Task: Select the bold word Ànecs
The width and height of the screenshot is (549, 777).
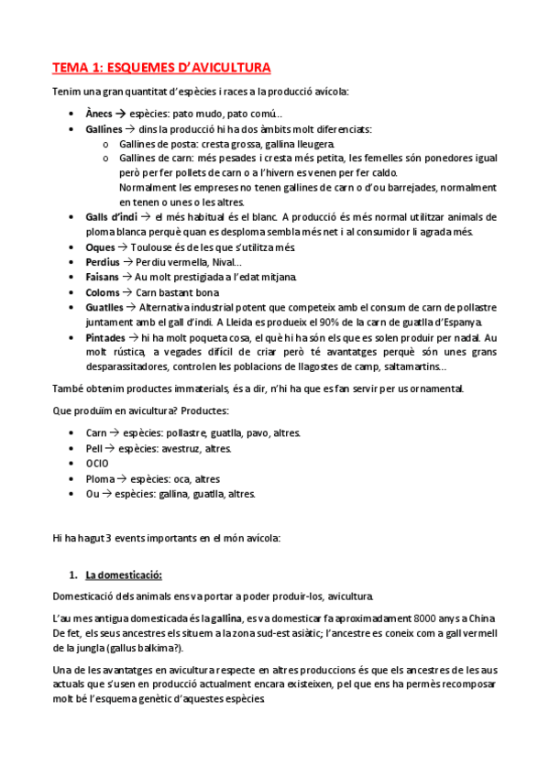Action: pyautogui.click(x=99, y=114)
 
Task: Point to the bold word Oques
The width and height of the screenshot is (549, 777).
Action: pyautogui.click(x=100, y=247)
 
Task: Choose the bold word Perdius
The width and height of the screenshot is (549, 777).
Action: pyautogui.click(x=103, y=262)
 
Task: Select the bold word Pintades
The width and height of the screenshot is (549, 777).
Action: pyautogui.click(x=106, y=337)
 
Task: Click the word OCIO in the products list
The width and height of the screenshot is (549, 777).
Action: pyautogui.click(x=97, y=463)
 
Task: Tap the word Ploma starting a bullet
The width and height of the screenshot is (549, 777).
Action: pyautogui.click(x=101, y=478)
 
